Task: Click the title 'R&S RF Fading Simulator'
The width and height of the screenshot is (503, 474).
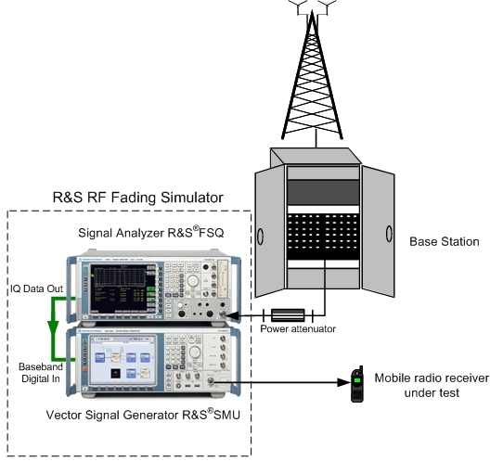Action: click(x=138, y=198)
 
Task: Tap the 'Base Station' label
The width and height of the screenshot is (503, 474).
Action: click(x=445, y=241)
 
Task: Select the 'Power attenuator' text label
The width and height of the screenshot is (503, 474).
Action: click(x=298, y=328)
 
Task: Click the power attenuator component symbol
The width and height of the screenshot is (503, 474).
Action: click(x=288, y=315)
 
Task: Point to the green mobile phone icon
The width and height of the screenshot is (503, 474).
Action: click(x=357, y=384)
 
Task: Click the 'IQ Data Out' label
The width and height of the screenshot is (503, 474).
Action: click(x=36, y=288)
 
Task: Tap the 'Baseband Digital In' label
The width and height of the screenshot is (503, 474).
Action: click(x=41, y=373)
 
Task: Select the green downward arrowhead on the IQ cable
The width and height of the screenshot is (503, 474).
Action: click(x=53, y=327)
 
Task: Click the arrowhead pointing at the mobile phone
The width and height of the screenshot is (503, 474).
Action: click(x=343, y=382)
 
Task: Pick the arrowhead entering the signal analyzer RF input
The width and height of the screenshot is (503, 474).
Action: click(x=233, y=315)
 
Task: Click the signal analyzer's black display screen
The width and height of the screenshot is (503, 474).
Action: click(x=120, y=288)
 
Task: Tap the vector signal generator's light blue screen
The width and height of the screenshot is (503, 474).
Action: click(x=123, y=360)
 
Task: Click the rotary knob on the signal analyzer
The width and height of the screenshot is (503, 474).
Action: click(x=193, y=281)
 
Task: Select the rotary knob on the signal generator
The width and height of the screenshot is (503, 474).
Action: click(x=195, y=352)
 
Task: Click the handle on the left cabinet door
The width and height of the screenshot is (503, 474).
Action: click(x=260, y=237)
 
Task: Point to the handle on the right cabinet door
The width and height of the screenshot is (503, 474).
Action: click(x=389, y=233)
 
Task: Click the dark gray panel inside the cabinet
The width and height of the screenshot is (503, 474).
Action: click(x=323, y=192)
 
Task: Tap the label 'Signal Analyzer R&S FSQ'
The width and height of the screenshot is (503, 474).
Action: click(x=150, y=232)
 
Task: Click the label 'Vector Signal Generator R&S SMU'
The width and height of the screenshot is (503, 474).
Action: click(x=143, y=415)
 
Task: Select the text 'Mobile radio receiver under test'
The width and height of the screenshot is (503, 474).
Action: click(x=432, y=385)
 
